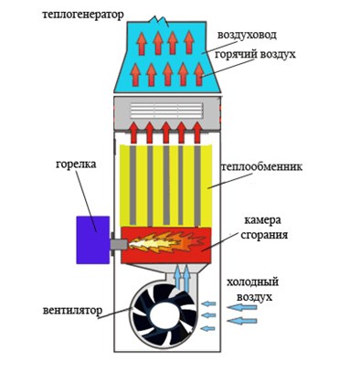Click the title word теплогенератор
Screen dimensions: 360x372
tap(83, 15)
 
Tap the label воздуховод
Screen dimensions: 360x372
tap(247, 35)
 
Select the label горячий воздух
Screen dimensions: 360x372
tap(255, 55)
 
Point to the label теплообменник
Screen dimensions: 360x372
tap(262, 167)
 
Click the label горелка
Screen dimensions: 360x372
tap(76, 165)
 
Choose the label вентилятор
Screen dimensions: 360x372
tap(72, 311)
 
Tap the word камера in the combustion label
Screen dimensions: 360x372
tap(262, 220)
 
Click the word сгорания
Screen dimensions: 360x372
tap(264, 235)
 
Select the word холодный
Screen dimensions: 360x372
tap(252, 282)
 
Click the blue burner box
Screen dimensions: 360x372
tap(93, 239)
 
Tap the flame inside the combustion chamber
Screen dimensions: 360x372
tap(166, 242)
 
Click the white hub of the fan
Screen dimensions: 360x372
tap(162, 316)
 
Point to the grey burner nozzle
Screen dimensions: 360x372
tap(120, 244)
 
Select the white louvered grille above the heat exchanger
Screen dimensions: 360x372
tap(166, 111)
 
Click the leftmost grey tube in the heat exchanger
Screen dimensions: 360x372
tap(132, 186)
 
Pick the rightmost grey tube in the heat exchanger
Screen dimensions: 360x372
tap(197, 186)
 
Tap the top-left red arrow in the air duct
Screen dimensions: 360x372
tap(142, 44)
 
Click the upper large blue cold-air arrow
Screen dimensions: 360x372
tap(242, 307)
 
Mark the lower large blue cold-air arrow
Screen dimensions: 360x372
tap(242, 321)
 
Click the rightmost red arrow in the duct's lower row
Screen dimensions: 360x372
tap(199, 74)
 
